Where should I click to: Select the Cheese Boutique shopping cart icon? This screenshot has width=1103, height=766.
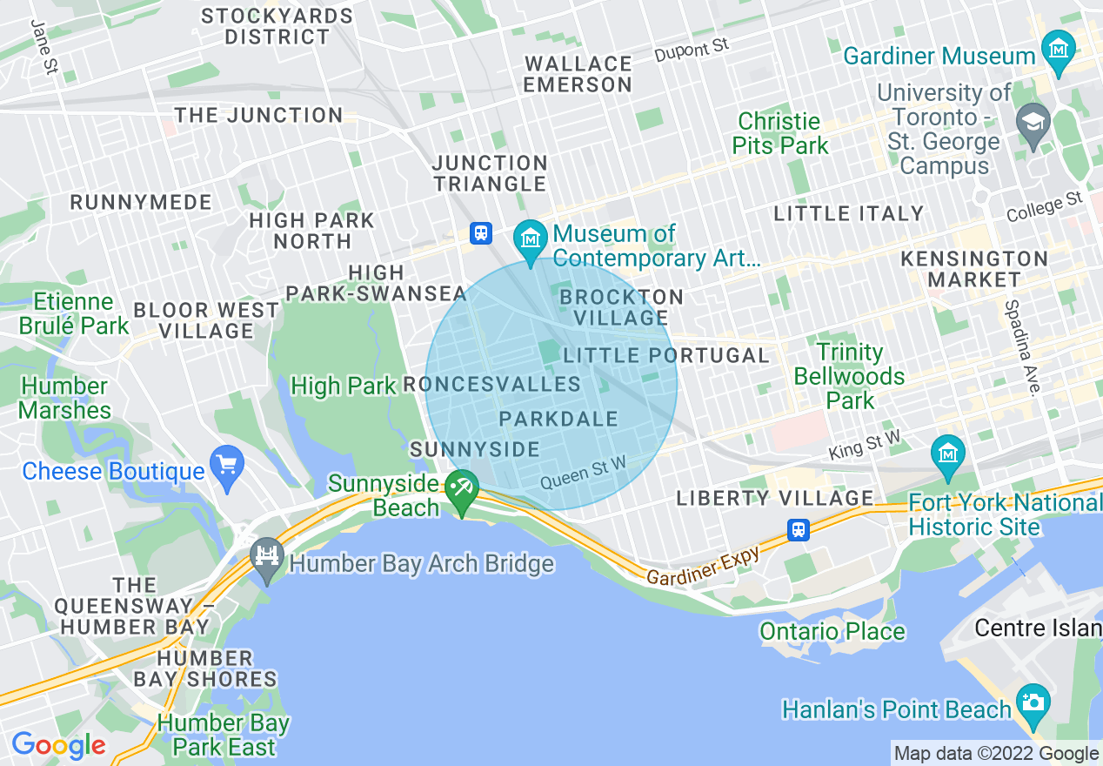tap(227, 465)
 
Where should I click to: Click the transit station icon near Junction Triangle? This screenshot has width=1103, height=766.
tap(481, 233)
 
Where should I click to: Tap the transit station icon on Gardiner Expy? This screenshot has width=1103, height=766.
tap(798, 529)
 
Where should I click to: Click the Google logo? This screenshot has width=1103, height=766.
tap(58, 745)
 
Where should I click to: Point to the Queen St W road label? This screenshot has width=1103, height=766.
tap(583, 474)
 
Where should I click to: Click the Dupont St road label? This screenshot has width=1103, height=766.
tap(692, 49)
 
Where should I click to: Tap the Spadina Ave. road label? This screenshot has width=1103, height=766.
tap(1021, 347)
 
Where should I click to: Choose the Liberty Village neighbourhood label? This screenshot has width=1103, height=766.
tap(775, 499)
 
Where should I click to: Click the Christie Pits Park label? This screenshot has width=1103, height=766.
tap(780, 133)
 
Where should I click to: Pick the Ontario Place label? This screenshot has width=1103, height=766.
tap(832, 631)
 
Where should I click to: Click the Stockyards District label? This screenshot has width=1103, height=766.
tap(277, 26)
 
